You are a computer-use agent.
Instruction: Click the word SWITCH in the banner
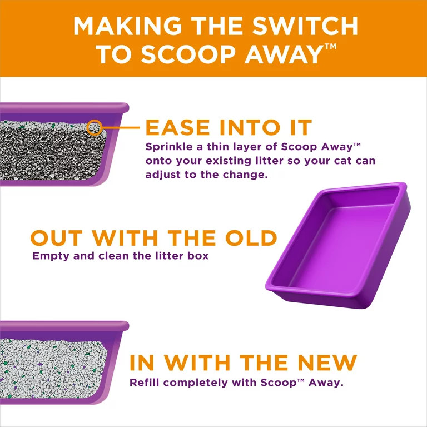tap(305, 26)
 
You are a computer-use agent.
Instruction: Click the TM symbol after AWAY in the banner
tap(330, 46)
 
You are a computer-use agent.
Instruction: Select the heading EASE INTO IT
tap(229, 127)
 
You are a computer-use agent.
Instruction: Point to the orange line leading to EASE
tap(121, 127)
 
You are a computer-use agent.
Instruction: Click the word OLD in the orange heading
tap(251, 238)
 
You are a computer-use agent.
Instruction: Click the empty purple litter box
tap(337, 245)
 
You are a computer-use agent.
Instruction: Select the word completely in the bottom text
tap(196, 383)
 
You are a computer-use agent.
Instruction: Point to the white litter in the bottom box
tap(52, 369)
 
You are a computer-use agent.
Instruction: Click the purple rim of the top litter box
tap(64, 107)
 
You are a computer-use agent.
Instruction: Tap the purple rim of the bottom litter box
tap(64, 326)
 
